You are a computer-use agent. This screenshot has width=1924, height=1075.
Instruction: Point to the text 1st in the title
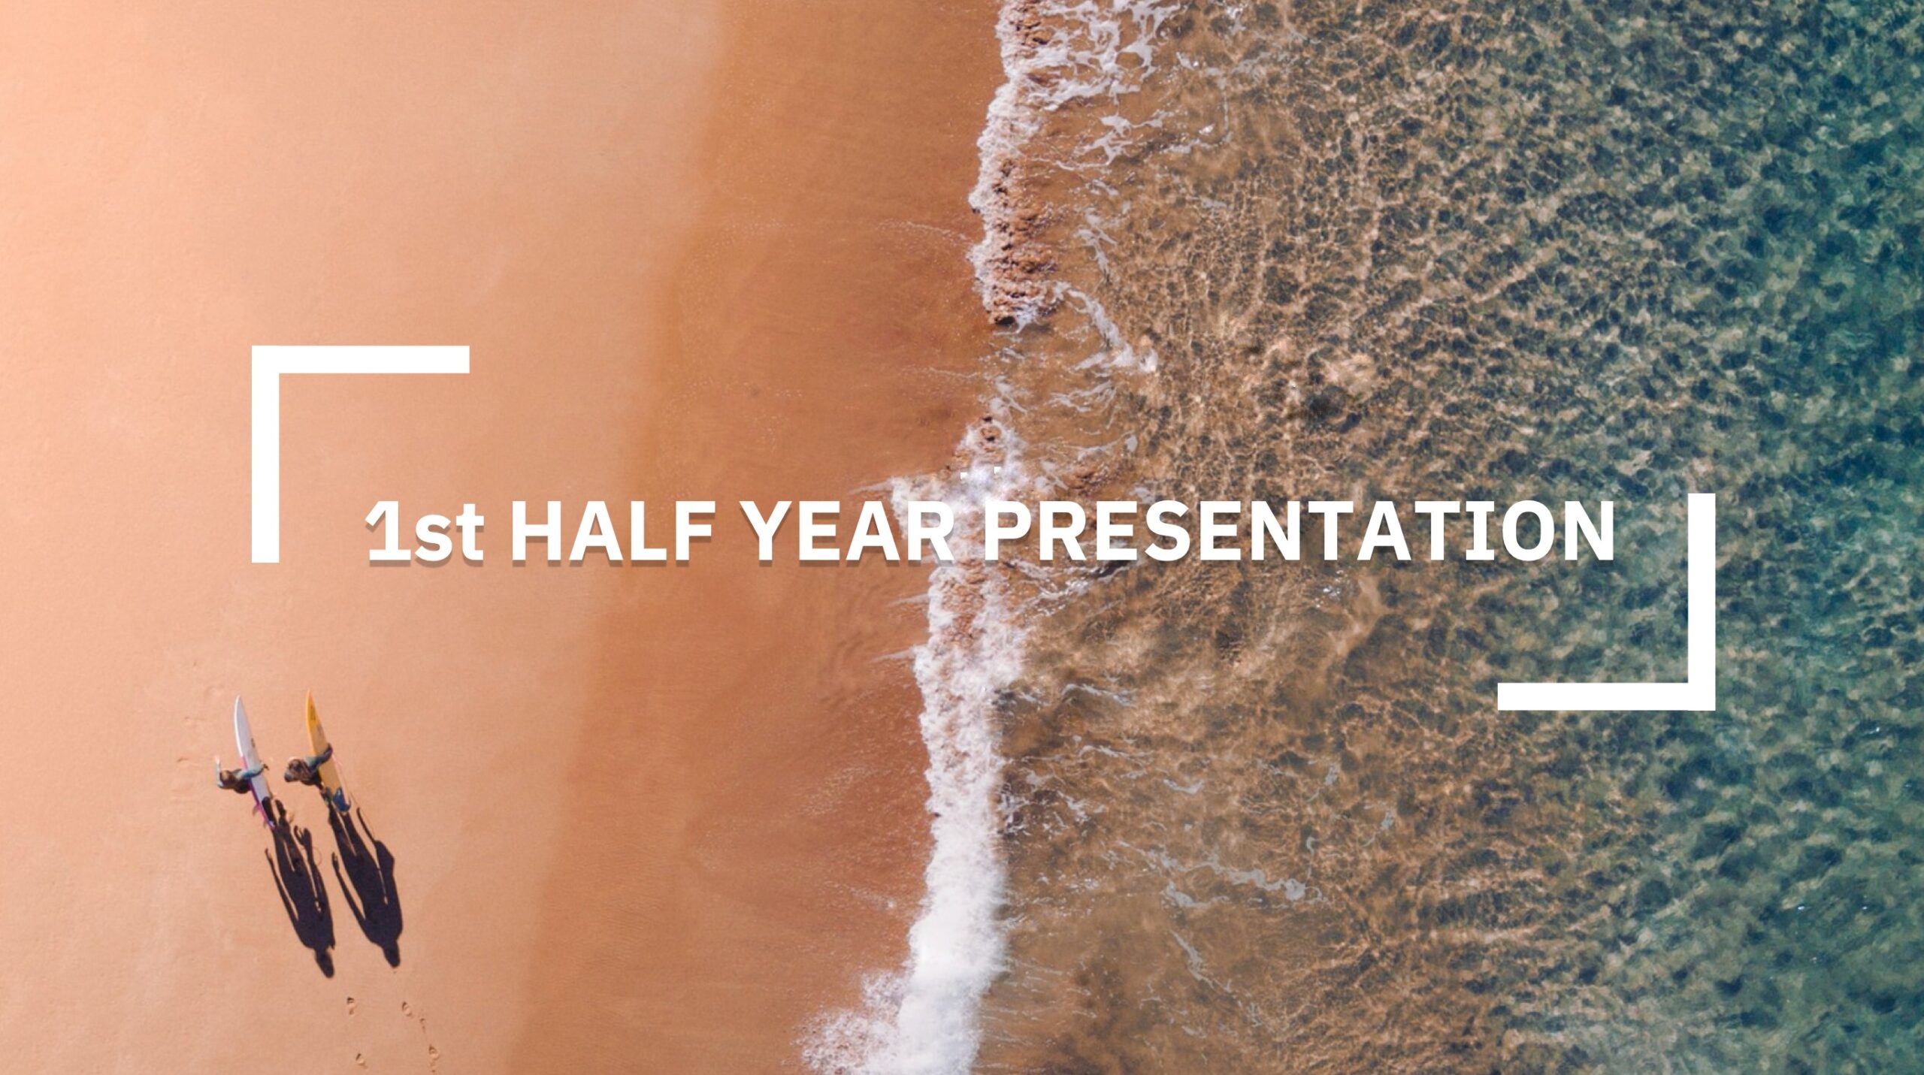coord(425,532)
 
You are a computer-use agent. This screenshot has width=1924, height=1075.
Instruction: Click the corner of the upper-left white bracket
coord(265,359)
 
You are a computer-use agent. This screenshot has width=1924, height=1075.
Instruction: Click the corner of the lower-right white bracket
coord(1702,696)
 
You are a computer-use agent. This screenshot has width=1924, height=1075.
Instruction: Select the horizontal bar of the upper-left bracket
coord(361,359)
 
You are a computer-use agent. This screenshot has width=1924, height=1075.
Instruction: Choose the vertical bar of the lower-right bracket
coord(1702,601)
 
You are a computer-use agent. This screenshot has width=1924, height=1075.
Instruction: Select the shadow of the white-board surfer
coord(301,894)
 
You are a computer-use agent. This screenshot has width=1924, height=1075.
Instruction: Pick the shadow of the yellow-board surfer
coord(368,886)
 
